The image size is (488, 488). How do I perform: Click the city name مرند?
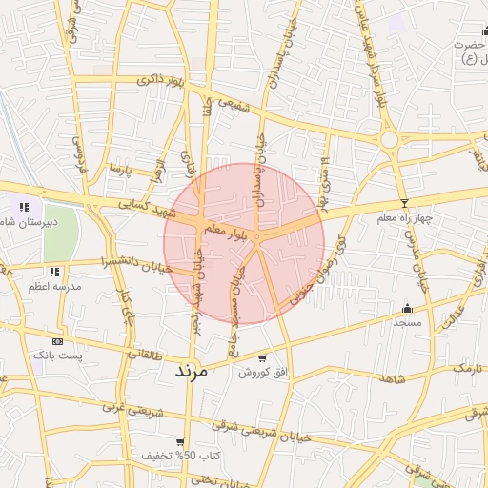[189, 371]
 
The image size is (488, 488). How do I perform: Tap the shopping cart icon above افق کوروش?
[261, 359]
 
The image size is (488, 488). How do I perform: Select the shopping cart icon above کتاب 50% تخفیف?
[180, 442]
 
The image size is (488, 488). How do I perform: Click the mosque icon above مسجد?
[407, 308]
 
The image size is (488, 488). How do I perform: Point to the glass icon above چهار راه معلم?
[405, 203]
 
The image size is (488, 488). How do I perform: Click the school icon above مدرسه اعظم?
[56, 272]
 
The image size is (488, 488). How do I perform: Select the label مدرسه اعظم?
[56, 286]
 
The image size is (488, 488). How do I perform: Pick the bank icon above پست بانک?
[58, 340]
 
